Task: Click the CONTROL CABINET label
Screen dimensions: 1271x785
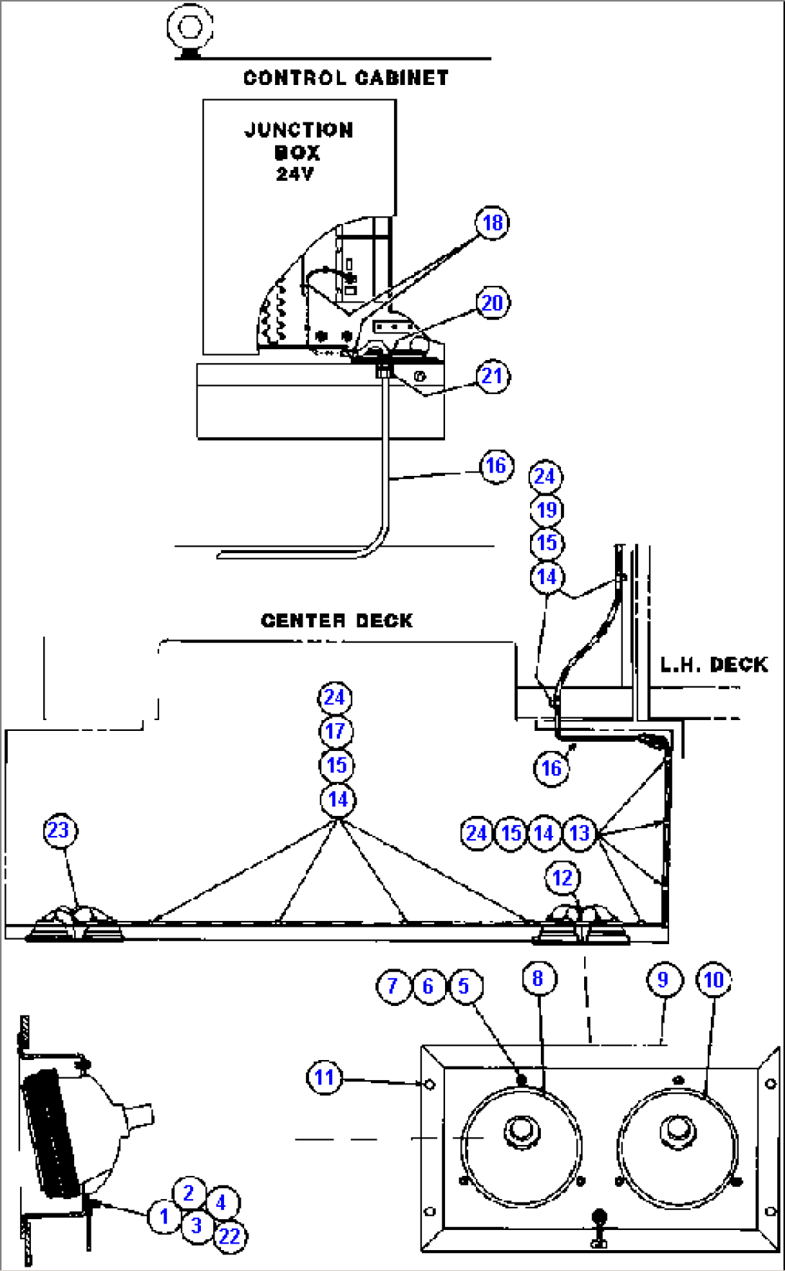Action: point(346,78)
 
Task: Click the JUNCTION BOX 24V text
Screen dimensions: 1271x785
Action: point(298,151)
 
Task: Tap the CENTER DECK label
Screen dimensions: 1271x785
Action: point(336,621)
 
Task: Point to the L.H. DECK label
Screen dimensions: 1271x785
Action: point(714,665)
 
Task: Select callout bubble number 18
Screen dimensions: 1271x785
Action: point(493,223)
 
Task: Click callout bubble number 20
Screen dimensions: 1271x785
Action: point(493,303)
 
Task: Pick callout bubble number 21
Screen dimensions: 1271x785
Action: point(493,376)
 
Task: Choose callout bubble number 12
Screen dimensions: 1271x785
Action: point(562,878)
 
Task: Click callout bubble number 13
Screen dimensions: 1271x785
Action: point(580,833)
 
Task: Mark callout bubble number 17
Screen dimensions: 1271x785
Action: point(336,732)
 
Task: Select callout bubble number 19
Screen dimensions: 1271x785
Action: point(547,511)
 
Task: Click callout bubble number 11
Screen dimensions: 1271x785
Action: point(325,1078)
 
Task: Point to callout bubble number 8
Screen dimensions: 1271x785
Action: point(538,979)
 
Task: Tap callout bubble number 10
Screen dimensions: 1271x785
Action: point(714,980)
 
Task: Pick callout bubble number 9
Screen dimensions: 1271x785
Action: point(663,980)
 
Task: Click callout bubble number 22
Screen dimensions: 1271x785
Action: point(230,1236)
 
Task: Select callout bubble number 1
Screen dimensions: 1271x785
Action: point(164,1217)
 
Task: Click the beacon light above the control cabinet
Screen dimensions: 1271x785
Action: point(190,29)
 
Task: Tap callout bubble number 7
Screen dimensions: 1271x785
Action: point(393,986)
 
